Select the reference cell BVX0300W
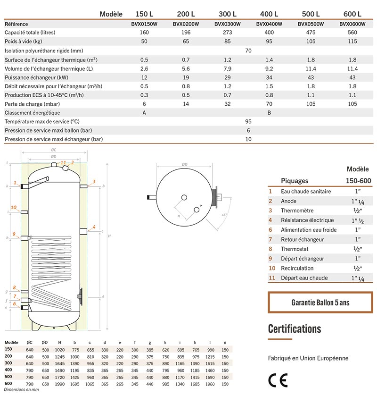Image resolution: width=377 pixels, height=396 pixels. (x=227, y=24)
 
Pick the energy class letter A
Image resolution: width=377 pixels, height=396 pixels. (x=144, y=113)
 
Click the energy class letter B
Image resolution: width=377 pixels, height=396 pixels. (x=269, y=113)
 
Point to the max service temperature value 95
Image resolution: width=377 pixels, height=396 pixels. (x=248, y=122)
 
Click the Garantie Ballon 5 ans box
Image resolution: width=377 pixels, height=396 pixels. (x=320, y=303)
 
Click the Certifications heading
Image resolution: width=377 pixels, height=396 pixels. (x=295, y=329)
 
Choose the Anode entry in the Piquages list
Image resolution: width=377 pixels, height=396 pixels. (x=289, y=201)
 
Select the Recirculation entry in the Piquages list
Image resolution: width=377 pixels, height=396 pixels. (x=297, y=268)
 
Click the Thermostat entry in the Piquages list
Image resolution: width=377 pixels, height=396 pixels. (x=294, y=249)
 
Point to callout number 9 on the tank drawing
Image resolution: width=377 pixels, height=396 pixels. (x=14, y=234)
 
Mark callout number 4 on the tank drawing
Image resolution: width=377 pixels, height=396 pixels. (x=94, y=227)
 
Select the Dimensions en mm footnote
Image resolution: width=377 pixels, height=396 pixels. (x=22, y=390)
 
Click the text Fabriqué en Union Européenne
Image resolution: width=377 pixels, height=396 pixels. (x=308, y=358)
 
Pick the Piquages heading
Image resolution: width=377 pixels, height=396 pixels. (x=295, y=180)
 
